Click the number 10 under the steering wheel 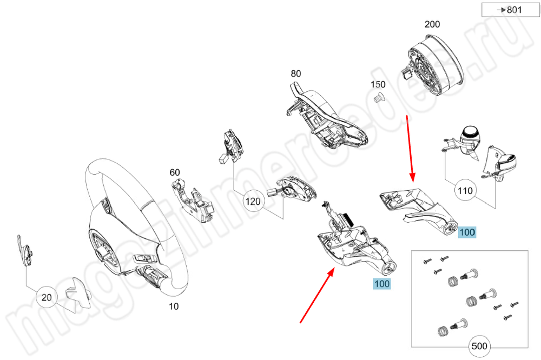173,306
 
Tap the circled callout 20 47,297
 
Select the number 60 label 175,172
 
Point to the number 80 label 295,74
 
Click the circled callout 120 253,202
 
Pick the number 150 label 378,84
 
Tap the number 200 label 432,24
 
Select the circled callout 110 465,190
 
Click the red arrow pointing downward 410,149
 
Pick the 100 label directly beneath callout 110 467,232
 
